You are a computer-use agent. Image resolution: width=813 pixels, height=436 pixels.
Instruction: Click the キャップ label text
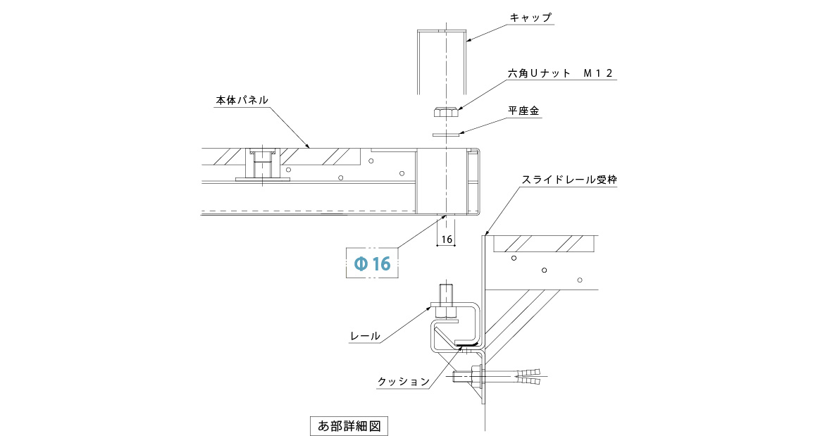[530, 18]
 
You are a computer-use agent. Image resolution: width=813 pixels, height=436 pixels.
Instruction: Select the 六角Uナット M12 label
[561, 73]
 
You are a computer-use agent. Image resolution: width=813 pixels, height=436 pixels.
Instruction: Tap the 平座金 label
[523, 111]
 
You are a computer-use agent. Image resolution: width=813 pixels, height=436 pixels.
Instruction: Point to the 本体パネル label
[242, 100]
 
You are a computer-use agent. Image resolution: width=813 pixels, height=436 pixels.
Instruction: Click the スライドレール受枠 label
[569, 180]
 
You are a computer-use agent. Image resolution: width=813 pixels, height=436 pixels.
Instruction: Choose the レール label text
[365, 337]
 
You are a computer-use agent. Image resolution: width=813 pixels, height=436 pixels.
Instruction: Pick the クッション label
[403, 382]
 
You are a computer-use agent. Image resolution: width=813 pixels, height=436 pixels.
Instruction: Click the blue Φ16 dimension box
[372, 264]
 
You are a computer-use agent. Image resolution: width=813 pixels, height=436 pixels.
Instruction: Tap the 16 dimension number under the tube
[446, 239]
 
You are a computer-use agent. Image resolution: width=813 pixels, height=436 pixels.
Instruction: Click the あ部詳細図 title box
[349, 425]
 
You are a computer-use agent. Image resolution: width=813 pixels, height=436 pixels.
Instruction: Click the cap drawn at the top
[442, 60]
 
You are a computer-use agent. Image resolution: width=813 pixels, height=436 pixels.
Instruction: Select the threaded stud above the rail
[445, 294]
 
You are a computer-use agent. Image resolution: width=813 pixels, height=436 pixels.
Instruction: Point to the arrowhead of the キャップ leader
[466, 41]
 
